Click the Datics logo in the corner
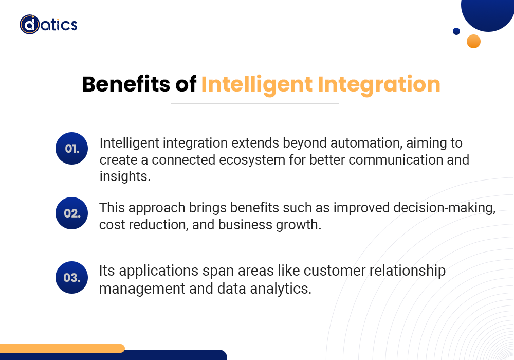click(48, 24)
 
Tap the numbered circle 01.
click(72, 148)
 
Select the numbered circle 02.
click(72, 213)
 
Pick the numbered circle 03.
click(72, 277)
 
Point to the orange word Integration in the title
click(379, 85)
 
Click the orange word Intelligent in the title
click(256, 85)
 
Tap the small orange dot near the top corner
click(473, 41)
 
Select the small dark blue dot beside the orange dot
click(456, 31)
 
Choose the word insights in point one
click(125, 176)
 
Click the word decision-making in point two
click(444, 208)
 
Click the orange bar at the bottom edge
click(62, 348)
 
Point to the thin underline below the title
click(255, 103)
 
